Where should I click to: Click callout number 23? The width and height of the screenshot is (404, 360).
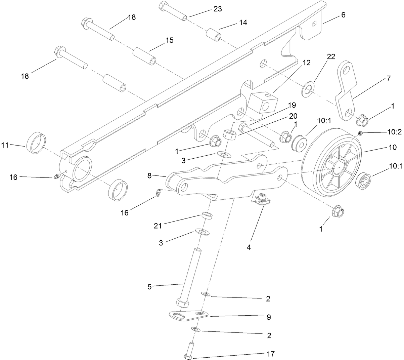(x=217, y=9)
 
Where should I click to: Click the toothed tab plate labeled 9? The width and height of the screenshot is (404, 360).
(x=188, y=316)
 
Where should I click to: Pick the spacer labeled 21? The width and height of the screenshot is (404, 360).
(x=208, y=215)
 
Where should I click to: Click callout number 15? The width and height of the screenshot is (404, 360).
(x=169, y=40)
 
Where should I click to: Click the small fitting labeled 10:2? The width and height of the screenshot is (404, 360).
(x=360, y=134)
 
